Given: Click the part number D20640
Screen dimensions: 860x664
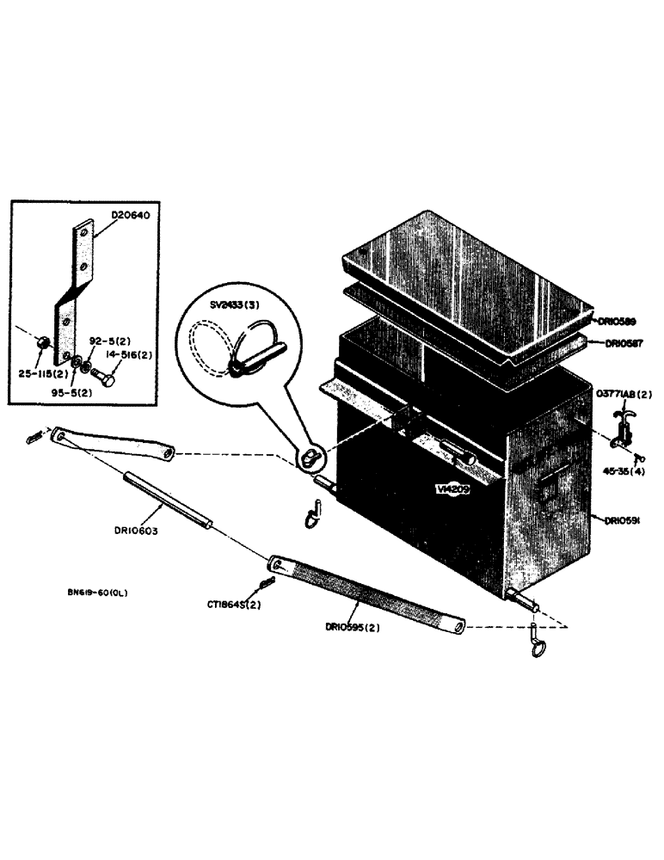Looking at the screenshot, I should pos(131,216).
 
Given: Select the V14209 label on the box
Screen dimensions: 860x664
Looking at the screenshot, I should pos(452,488).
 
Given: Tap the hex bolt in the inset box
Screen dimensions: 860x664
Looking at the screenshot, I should pos(106,375).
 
